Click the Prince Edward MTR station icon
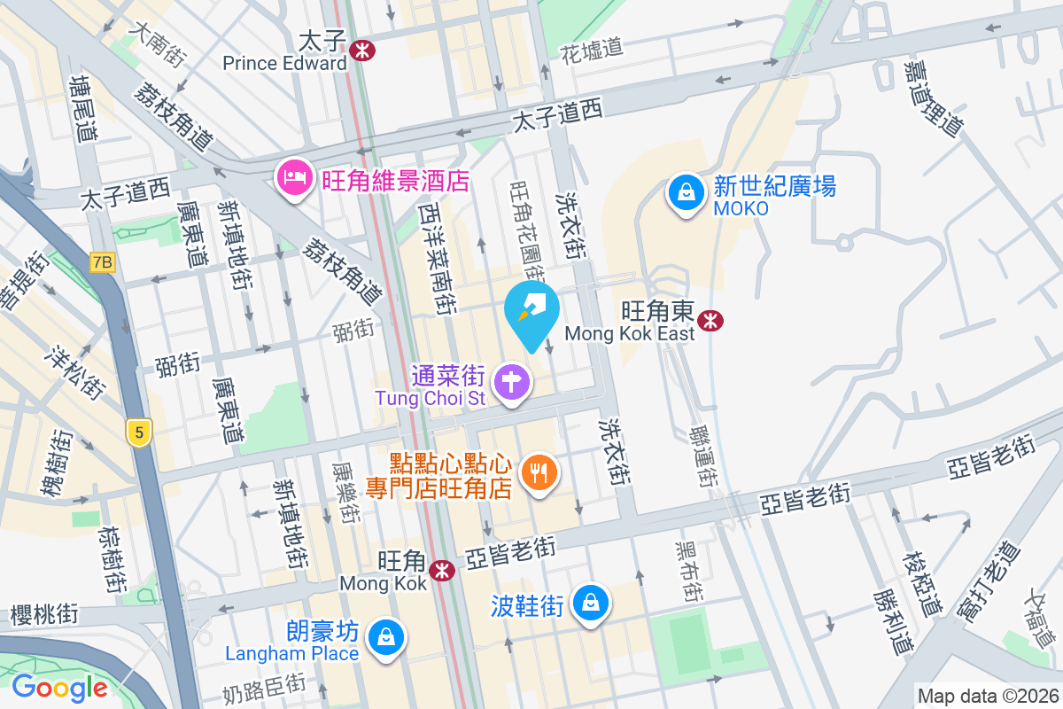click(x=361, y=51)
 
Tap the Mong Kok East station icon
click(x=709, y=321)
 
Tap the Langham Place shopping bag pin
click(x=386, y=637)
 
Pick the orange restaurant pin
click(x=539, y=471)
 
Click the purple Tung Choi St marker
click(x=512, y=384)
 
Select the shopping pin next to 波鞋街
click(x=590, y=604)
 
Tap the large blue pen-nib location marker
click(x=531, y=311)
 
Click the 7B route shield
click(x=103, y=262)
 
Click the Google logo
click(x=59, y=687)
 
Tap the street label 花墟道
click(x=593, y=51)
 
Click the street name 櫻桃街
click(x=44, y=614)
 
